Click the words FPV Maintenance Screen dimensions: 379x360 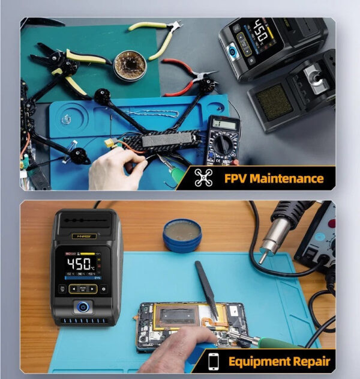pyautogui.click(x=274, y=178)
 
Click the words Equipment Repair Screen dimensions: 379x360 pyautogui.click(x=278, y=362)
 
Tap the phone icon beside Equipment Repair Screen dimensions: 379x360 pyautogui.click(x=214, y=362)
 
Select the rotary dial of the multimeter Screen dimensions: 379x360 pyautogui.click(x=223, y=145)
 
